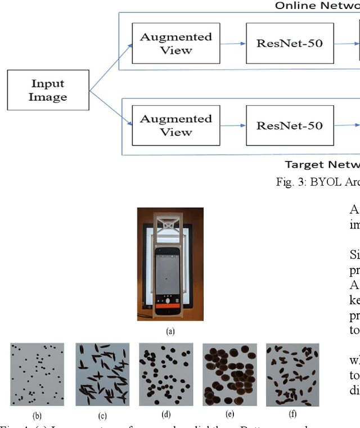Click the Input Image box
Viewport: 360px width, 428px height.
coord(48,90)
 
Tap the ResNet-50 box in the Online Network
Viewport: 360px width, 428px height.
coord(290,43)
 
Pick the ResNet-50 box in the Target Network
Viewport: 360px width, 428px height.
coord(290,125)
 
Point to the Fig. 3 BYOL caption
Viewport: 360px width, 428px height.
coord(317,182)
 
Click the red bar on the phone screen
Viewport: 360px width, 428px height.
coord(170,308)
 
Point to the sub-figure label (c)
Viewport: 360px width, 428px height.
coord(102,416)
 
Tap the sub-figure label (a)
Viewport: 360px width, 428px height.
coord(170,332)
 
